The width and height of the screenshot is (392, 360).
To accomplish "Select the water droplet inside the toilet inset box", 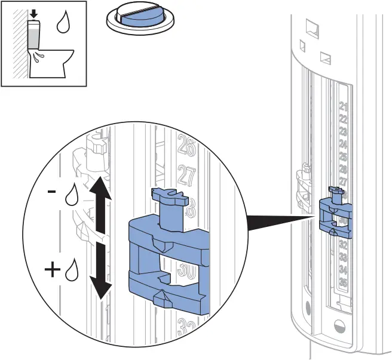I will pyautogui.click(x=62, y=23).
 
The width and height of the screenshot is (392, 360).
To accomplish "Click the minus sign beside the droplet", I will pyautogui.click(x=52, y=192).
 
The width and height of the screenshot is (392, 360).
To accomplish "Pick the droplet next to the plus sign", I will pyautogui.click(x=72, y=270).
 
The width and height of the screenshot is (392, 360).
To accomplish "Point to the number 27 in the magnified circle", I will pyautogui.click(x=187, y=176).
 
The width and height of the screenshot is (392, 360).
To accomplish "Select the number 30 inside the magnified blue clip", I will pyautogui.click(x=186, y=272).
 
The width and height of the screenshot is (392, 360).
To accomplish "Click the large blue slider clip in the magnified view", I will pyautogui.click(x=167, y=251).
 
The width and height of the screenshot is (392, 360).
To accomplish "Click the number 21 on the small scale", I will pyautogui.click(x=343, y=107).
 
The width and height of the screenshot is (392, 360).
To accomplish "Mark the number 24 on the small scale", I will pyautogui.click(x=343, y=144).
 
